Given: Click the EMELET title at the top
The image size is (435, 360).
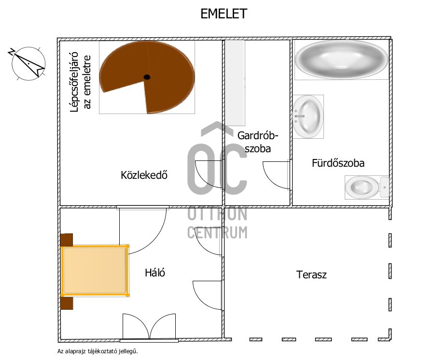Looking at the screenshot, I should click(224, 14).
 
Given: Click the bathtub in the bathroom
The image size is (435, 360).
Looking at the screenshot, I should click(341, 59).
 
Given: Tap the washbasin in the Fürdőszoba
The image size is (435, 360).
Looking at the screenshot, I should click(308, 116).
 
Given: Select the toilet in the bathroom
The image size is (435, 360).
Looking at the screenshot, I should click(365, 187).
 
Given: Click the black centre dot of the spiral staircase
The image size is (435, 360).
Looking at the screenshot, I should click(147, 77).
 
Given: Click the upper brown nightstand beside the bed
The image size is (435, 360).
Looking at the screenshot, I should click(67, 240).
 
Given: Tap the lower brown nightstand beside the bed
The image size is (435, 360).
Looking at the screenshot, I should click(67, 302).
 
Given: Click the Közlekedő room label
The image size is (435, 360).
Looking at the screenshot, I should click(144, 175).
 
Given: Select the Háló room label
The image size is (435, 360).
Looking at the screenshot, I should click(155, 273).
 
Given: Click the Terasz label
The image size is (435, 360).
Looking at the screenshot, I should click(311, 275).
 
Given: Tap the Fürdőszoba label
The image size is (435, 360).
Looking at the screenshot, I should click(338, 163).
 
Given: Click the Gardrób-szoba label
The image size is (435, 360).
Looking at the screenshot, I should click(257, 142).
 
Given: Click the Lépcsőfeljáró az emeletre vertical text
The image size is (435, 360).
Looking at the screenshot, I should click(80, 83).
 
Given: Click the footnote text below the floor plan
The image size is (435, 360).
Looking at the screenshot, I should click(94, 352).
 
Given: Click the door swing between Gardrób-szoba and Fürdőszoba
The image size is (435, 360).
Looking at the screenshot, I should click(277, 175).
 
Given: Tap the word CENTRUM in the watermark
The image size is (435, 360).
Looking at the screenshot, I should click(217, 232).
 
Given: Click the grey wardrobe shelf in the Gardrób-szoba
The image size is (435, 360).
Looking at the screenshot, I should click(236, 82).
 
